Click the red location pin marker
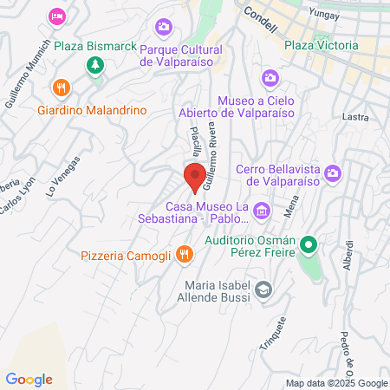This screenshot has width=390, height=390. point(195,176)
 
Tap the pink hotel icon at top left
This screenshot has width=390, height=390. point(57,16)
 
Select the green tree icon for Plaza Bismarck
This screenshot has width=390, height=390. point(94,65)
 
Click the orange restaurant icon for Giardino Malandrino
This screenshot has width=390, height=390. point(60,88)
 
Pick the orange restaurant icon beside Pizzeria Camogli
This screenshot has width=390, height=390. point(183,254)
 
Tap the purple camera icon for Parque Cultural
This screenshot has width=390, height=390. point(160,29)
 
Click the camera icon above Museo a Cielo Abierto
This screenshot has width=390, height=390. point(270,78)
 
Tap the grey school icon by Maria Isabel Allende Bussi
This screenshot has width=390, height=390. point(264,289)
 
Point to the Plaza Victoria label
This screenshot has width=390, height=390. point(321,45)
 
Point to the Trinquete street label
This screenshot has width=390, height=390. point(275,330)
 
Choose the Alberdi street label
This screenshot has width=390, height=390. point(348,255)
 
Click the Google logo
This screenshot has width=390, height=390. point(29,379)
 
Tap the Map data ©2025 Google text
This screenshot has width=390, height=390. point(337,383)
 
